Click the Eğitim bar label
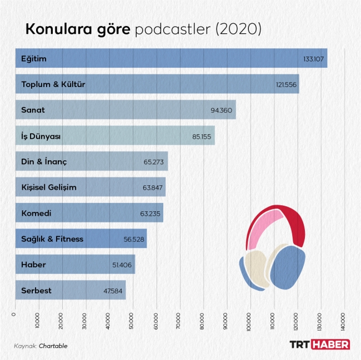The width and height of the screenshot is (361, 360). tap(34, 58)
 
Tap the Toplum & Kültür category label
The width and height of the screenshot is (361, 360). tap(53, 84)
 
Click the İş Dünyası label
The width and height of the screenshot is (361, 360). tap(41, 135)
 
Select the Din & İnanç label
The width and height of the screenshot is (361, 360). tap(44, 161)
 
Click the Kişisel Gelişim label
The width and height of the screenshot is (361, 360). tap(49, 187)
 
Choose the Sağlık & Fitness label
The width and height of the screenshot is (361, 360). tap(52, 239)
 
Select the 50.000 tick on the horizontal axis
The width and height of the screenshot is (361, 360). tap(132, 322)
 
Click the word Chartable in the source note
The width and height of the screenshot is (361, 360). tap(53, 346)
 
